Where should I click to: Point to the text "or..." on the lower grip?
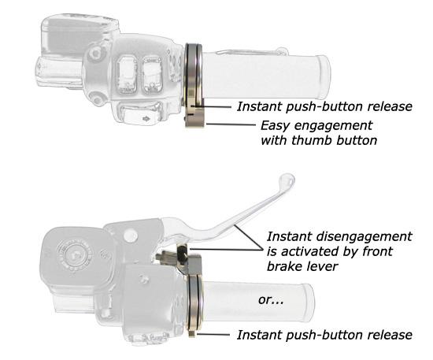271,300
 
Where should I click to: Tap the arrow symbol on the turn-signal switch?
145,119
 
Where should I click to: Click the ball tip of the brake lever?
287,180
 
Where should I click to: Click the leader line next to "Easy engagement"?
231,124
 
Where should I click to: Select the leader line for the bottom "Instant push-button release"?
213,335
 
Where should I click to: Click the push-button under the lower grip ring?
192,333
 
